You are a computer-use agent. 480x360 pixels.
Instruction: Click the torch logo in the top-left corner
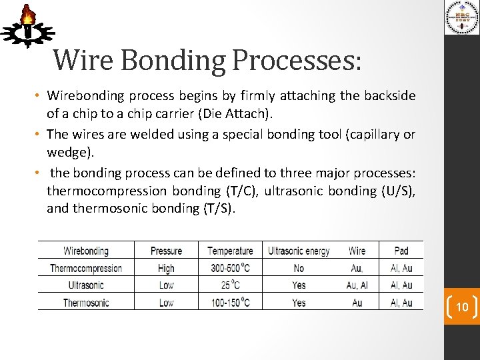click(x=27, y=25)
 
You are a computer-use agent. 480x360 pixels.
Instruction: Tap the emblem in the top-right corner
click(x=462, y=17)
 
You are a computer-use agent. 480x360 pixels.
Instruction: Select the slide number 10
click(x=461, y=307)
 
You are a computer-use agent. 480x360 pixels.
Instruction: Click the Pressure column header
click(x=166, y=251)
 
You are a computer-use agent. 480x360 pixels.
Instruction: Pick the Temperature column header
click(x=230, y=251)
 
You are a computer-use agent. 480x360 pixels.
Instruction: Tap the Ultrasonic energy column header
click(x=299, y=251)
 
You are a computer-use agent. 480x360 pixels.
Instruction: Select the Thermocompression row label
click(x=86, y=268)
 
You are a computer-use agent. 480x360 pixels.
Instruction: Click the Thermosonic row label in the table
click(x=86, y=303)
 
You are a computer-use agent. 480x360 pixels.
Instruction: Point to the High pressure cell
click(x=166, y=268)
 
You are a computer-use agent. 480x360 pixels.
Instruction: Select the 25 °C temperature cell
click(x=230, y=285)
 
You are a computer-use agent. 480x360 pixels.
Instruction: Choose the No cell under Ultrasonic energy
click(x=299, y=268)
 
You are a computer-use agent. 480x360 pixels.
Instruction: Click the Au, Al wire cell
click(x=357, y=285)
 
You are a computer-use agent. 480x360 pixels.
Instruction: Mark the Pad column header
click(x=401, y=251)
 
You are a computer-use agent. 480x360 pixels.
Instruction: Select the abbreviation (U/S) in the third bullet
click(x=399, y=191)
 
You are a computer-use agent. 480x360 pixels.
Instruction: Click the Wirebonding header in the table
click(x=86, y=251)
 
